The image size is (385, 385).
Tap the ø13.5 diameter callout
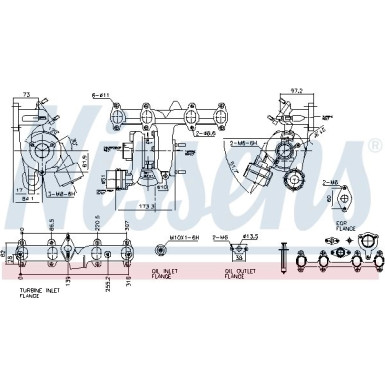pyautogui.click(x=251, y=238)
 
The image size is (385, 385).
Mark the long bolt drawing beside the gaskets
pyautogui.click(x=286, y=257)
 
